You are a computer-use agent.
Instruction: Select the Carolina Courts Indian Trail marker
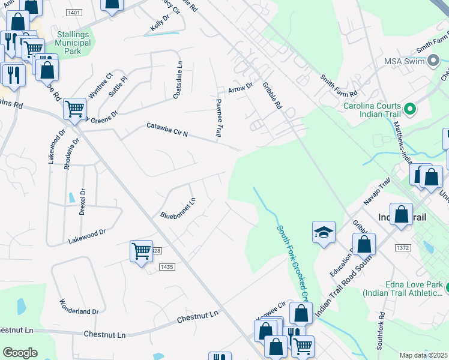pyautogui.click(x=410, y=109)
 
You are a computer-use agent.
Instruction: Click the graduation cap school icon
pyautogui.click(x=324, y=232)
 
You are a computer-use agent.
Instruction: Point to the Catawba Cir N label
pyautogui.click(x=168, y=130)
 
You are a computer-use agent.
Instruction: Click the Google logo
pyautogui.click(x=20, y=353)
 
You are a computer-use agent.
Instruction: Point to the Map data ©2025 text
pyautogui.click(x=423, y=355)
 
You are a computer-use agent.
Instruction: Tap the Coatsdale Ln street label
pyautogui.click(x=178, y=80)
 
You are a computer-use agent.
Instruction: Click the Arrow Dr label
pyautogui.click(x=241, y=88)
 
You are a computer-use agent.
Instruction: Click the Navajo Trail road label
pyautogui.click(x=375, y=191)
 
